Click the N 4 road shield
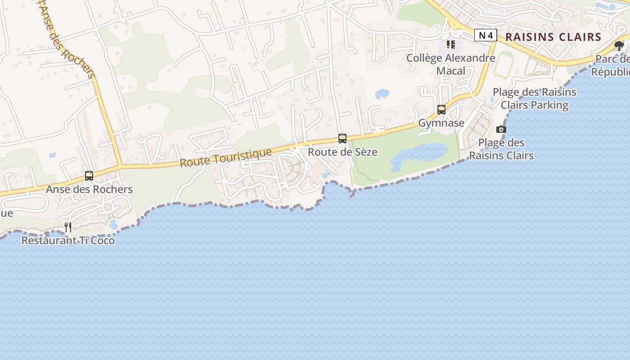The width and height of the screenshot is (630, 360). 486,35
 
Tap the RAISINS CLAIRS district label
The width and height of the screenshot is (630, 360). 553,37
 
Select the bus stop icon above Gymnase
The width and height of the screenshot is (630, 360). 441,110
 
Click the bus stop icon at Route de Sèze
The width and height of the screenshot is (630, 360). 342,139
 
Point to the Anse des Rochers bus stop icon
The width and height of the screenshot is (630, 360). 89,176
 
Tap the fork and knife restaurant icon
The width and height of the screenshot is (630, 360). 68,227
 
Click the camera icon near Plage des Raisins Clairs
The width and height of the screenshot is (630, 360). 501,130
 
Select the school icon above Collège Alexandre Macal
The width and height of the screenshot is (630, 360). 450,45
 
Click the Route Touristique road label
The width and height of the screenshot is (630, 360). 226,158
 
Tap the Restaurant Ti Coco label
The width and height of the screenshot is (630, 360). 68,241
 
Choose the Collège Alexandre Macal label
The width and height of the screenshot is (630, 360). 450,64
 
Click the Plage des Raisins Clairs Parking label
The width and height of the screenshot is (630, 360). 534,99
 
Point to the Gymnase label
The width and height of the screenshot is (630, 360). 441,123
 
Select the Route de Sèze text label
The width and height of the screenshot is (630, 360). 342,152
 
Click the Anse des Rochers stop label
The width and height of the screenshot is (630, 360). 89,189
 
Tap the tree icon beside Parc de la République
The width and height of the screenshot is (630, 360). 619,45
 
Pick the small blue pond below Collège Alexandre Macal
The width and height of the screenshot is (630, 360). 382,94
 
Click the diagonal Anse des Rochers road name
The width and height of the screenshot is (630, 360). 67,43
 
